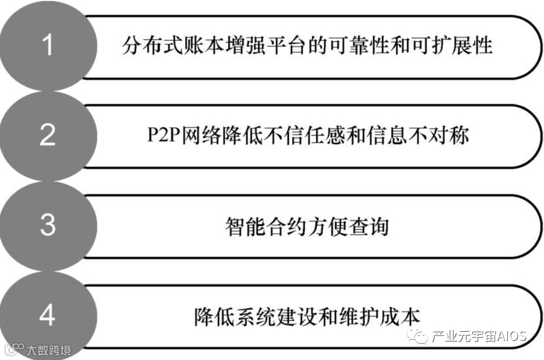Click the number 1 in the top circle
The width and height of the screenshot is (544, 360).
tap(48, 45)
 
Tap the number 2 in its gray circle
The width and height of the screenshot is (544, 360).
tap(48, 135)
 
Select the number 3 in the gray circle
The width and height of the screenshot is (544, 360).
tap(48, 224)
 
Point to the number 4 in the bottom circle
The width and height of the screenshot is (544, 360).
tap(48, 315)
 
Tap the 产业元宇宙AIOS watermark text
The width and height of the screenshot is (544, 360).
tap(479, 337)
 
